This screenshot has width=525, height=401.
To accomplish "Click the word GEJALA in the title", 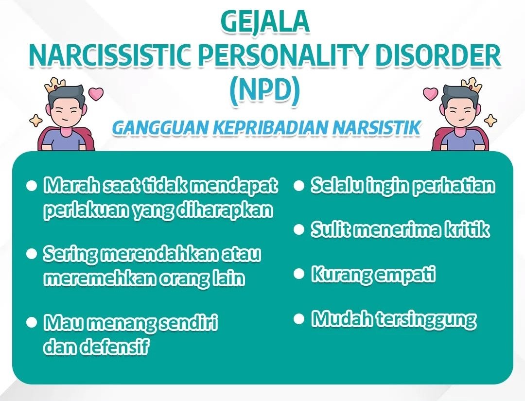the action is point(264,22).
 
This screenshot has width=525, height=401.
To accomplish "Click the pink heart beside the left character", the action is point(96,93).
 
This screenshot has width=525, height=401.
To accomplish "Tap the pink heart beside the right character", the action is point(430,93).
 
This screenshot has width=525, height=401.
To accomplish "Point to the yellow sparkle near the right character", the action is point(491,120).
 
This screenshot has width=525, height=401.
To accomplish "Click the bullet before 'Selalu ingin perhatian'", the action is point(298,186).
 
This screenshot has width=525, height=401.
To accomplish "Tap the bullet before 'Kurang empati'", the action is point(298,274).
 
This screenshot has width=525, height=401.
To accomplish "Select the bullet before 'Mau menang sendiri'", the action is point(32,322).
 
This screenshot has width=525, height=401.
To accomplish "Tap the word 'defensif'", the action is point(114,347).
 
